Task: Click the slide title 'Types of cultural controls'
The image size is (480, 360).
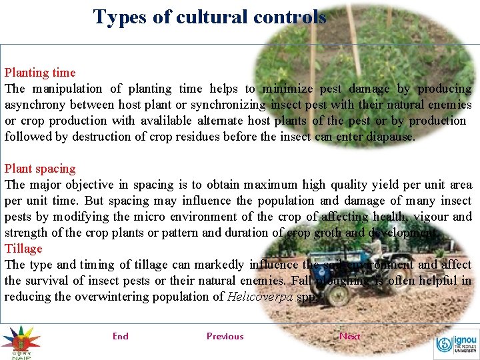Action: click(209, 17)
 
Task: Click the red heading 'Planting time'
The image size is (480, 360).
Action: click(40, 73)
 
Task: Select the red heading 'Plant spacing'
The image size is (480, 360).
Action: click(40, 169)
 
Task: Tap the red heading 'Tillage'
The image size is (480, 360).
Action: click(23, 249)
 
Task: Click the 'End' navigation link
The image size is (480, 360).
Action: click(121, 336)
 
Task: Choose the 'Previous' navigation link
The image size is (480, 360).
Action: click(225, 336)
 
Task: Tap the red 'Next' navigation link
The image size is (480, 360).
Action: click(349, 336)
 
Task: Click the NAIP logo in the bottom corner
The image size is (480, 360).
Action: click(20, 341)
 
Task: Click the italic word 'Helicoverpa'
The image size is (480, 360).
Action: click(260, 297)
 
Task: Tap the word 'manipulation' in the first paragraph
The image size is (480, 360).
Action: click(68, 89)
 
